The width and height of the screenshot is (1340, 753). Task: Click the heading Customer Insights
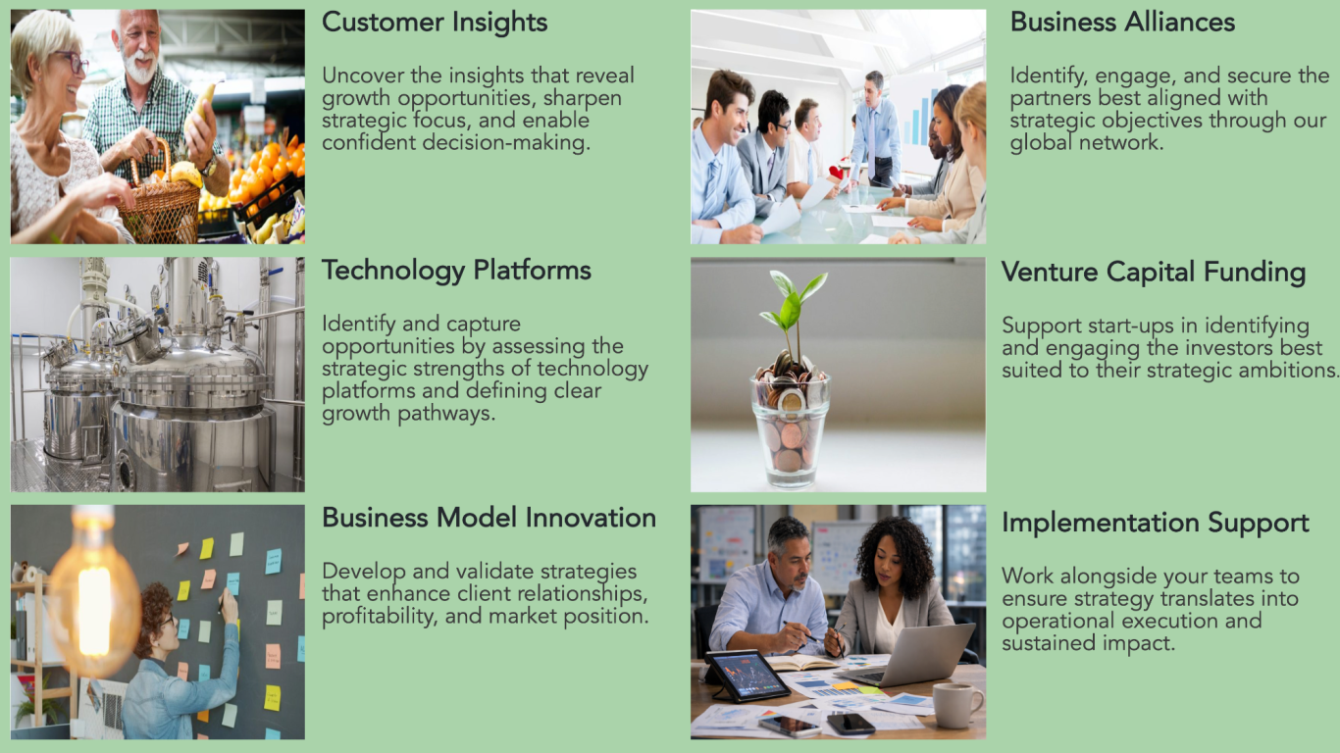[435, 23]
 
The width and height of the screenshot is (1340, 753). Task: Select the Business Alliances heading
[1122, 23]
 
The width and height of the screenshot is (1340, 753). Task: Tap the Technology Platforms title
[456, 271]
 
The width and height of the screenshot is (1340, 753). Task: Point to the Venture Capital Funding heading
[1154, 273]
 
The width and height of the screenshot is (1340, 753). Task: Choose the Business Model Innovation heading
[489, 518]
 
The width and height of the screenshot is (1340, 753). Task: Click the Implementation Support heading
[1156, 524]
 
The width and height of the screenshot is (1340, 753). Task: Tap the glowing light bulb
[94, 598]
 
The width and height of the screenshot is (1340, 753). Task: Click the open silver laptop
[909, 657]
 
